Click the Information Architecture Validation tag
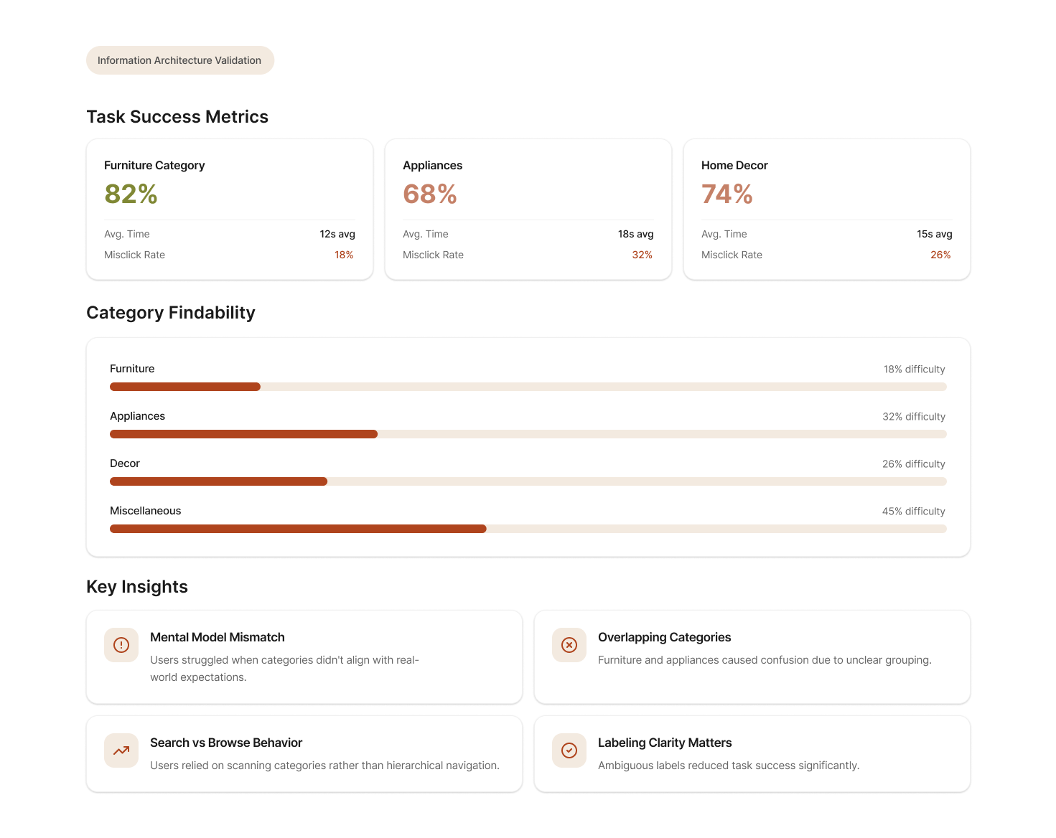(x=179, y=60)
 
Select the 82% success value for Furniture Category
(x=131, y=194)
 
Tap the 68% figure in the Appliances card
(x=429, y=194)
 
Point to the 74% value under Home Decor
(x=726, y=194)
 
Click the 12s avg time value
(x=337, y=234)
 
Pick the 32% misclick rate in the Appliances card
(x=642, y=255)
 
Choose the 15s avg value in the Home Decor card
(x=934, y=234)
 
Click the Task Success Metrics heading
(x=177, y=117)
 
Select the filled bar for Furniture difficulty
(x=184, y=387)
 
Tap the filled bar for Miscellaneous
(x=298, y=529)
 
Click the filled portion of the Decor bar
(x=218, y=481)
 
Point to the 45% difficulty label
(x=913, y=511)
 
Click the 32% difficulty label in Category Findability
(x=913, y=416)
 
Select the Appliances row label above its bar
(x=137, y=416)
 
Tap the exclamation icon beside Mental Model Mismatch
(x=121, y=645)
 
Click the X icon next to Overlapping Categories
(x=569, y=645)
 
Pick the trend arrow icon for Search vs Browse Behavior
(x=121, y=750)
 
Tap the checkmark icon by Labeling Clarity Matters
(x=569, y=750)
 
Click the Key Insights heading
(x=137, y=587)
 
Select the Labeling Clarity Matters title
(x=665, y=743)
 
